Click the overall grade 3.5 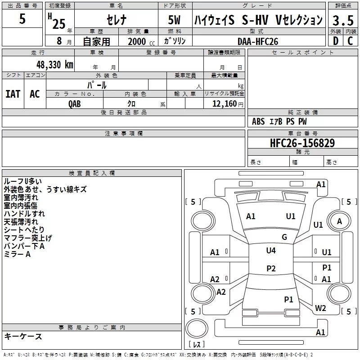coord(343,20)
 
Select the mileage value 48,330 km coord(55,65)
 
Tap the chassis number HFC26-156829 coord(302,143)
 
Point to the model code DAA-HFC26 coord(258,41)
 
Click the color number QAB coord(75,104)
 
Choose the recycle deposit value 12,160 coord(224,103)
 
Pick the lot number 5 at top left coord(22,18)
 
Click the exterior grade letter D coord(336,41)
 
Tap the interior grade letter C coord(350,41)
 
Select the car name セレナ coord(117,20)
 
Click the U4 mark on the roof coord(271,250)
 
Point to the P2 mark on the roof coord(271,268)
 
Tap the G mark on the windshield coord(284,237)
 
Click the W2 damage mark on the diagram coord(320,308)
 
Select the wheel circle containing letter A coord(339,221)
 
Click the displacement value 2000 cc coord(141,41)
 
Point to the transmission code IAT coord(13,94)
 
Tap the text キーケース coord(23,336)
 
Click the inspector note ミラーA coord(17,254)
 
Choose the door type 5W coord(174,20)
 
